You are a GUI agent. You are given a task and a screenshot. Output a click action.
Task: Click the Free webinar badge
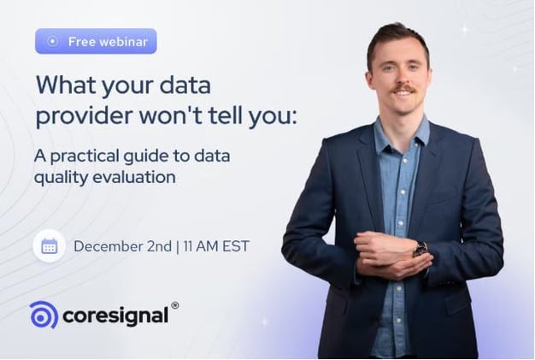click(x=96, y=41)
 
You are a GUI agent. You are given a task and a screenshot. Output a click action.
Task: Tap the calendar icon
click(x=49, y=247)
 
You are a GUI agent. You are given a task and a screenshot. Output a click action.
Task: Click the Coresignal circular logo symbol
click(x=44, y=315)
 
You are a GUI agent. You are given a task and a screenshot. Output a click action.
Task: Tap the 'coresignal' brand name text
click(x=115, y=316)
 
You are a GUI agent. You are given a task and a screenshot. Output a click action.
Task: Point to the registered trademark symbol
click(x=174, y=305)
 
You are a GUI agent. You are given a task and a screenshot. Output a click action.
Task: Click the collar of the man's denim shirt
click(x=403, y=130)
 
